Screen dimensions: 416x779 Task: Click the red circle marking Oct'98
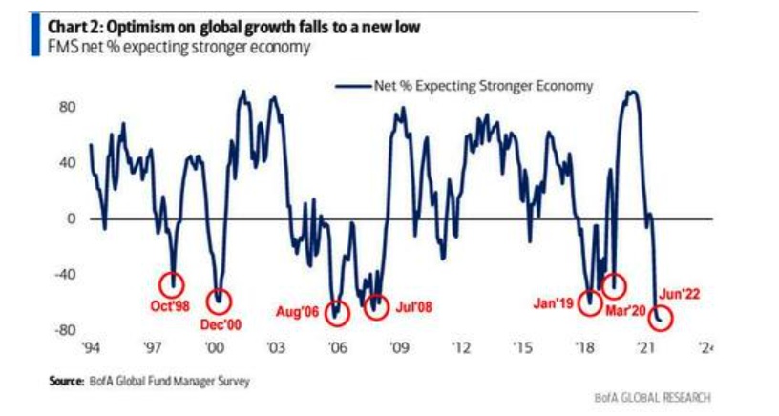(173, 282)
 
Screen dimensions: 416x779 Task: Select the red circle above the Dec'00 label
(220, 301)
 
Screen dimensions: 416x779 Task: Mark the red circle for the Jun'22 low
(661, 318)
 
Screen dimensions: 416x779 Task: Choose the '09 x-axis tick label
(400, 348)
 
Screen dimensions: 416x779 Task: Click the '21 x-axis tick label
(646, 348)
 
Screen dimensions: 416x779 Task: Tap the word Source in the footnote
(67, 381)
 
